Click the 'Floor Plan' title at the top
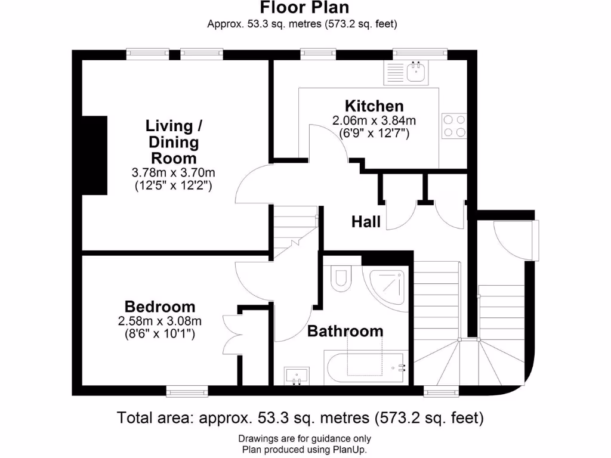pos(304,8)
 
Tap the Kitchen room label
pos(375,106)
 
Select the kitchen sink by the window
pos(416,73)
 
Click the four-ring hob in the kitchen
pos(453,125)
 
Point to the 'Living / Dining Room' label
pos(173,142)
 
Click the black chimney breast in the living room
pos(94,155)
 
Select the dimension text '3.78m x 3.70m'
pos(173,173)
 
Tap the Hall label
pos(366,222)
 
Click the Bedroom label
pos(160,307)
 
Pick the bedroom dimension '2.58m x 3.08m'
pos(160,321)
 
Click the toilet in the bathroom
pos(341,279)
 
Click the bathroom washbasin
pos(297,375)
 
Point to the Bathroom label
pos(345,331)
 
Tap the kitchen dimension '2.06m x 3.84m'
pos(374,120)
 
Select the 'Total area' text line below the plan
pos(300,418)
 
